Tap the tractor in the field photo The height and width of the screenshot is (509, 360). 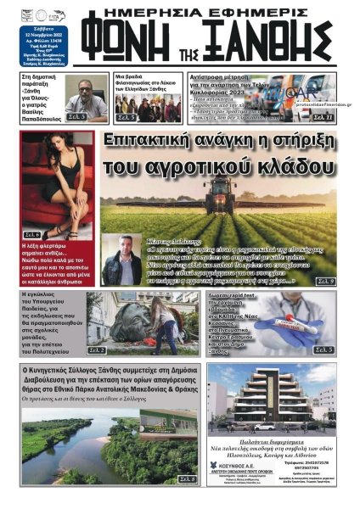coord(218,190)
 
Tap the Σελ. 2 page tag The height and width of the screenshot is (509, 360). coord(96,350)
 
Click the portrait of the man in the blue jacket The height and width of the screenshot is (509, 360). coord(121,260)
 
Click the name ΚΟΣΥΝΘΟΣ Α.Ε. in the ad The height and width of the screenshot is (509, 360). coord(254,477)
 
